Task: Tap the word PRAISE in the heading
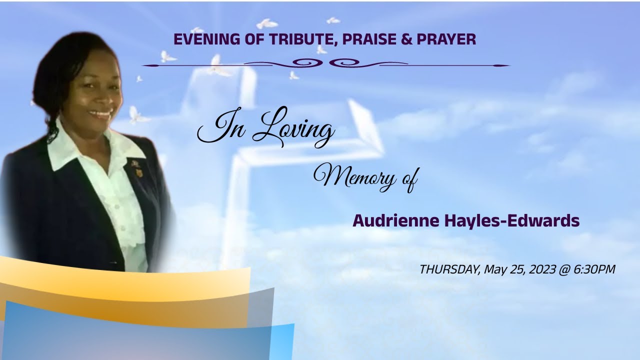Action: (x=369, y=39)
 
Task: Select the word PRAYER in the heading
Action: (x=448, y=39)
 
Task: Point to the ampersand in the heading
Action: (x=405, y=39)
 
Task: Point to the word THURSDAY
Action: (x=449, y=269)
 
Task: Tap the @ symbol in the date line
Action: (x=564, y=269)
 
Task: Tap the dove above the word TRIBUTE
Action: (x=266, y=23)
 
